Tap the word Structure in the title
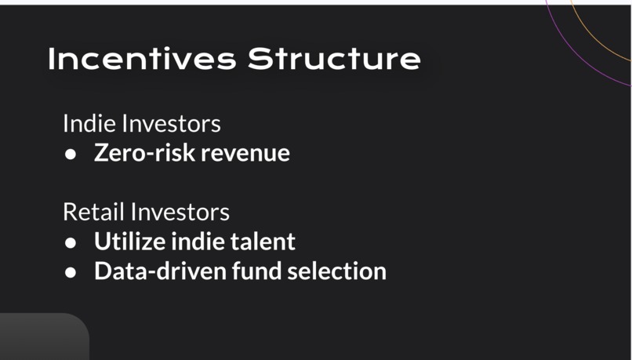334,60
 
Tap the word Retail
93,212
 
